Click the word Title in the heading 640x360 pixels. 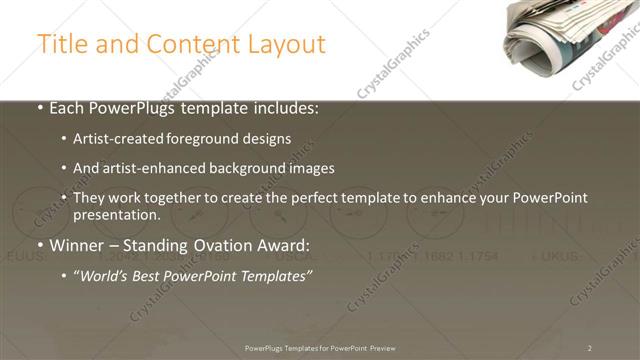[61, 45]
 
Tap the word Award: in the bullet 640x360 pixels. [288, 245]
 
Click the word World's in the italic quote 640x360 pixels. [107, 276]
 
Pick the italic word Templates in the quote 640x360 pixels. [275, 276]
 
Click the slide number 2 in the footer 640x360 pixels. [589, 348]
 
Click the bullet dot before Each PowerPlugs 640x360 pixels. [40, 109]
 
